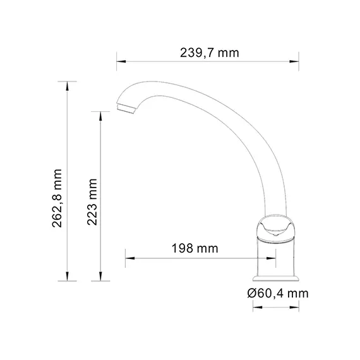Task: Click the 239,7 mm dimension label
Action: pos(210,52)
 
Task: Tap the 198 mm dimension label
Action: pos(195,248)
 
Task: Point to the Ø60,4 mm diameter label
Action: pos(278,293)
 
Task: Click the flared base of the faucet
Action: pos(276,277)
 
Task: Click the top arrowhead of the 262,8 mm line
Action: pos(68,84)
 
